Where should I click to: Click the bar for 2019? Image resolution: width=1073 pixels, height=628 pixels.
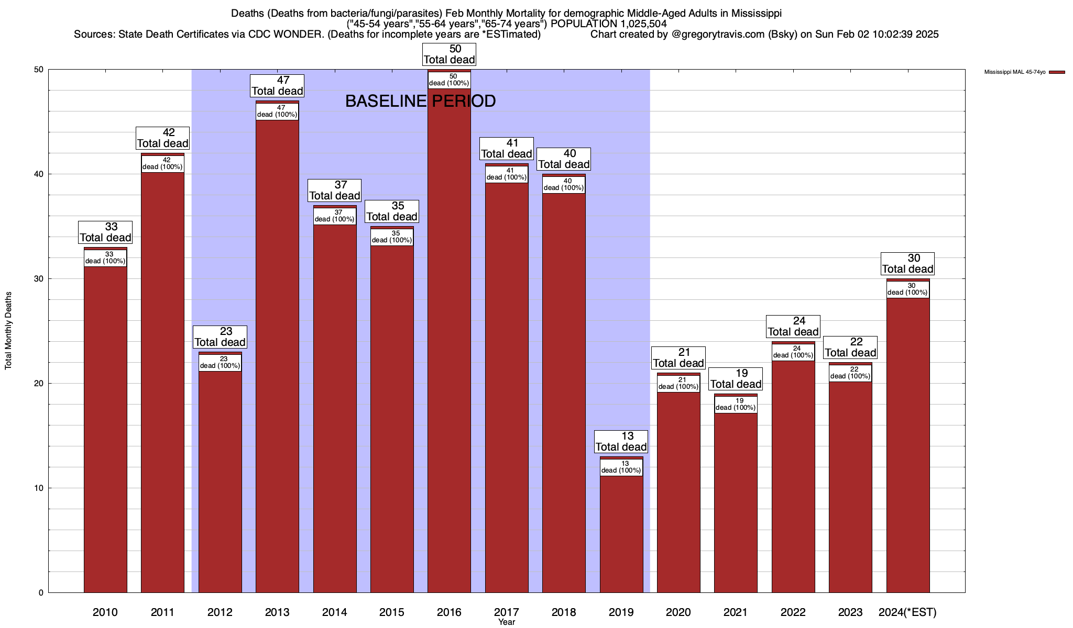point(621,534)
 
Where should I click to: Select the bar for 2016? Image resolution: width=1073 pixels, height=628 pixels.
point(449,340)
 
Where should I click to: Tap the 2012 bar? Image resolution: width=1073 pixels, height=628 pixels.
point(220,481)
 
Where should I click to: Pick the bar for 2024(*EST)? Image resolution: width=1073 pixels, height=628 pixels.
point(908,445)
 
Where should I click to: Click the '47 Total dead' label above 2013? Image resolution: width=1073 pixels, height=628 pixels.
point(277,86)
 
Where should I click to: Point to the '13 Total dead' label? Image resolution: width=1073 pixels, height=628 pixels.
point(621,442)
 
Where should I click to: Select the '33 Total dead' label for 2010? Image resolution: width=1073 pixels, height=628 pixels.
point(105,232)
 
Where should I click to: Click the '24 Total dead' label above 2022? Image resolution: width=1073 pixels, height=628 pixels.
point(793,327)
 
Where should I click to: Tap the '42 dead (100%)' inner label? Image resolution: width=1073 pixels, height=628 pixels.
point(162,164)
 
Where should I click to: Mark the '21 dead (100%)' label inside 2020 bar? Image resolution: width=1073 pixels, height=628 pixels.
point(678,384)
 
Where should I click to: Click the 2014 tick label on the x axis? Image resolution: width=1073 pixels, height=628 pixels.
point(334,612)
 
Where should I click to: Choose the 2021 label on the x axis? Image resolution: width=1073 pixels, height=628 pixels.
point(736,612)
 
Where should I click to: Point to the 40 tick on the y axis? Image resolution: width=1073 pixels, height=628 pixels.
point(39,174)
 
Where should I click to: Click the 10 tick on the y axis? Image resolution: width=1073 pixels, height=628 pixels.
point(39,488)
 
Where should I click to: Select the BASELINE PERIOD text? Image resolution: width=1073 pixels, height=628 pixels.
point(420,101)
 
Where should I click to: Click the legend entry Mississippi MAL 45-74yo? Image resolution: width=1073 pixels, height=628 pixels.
point(1015,72)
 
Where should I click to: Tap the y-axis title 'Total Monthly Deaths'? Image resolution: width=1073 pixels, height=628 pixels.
point(8,331)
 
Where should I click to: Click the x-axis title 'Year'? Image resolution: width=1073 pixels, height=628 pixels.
point(507,622)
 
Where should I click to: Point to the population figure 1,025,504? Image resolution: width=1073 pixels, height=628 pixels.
point(637,24)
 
